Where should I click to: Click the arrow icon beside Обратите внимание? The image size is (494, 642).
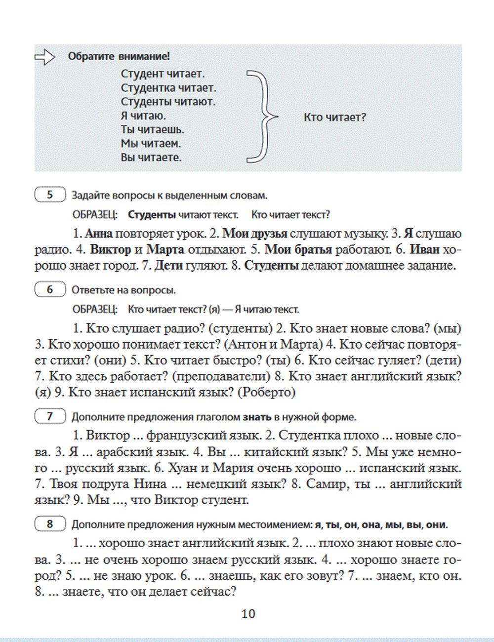coord(44,57)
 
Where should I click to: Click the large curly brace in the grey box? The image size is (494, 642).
coord(262,117)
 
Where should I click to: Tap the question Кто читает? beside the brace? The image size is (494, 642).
coord(334,118)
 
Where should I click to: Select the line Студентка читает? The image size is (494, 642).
coord(168,88)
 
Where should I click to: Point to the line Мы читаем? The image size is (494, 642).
coord(151,144)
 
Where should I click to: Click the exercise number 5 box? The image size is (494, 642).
coord(50,195)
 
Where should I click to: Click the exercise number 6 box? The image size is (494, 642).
coord(50,290)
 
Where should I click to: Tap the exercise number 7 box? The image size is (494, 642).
coord(50,417)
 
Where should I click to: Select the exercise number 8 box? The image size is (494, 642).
coord(50,524)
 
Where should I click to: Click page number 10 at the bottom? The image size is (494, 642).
coord(248,614)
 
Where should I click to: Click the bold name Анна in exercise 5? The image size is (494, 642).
coord(99,234)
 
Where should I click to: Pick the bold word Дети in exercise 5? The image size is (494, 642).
coord(168,266)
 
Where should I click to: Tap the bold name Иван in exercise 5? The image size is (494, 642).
coord(424,250)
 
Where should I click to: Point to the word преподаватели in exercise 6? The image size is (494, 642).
coord(221,377)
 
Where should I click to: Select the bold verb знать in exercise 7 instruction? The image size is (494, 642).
coord(256,417)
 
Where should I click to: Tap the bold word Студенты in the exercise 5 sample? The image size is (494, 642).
coord(152,215)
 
